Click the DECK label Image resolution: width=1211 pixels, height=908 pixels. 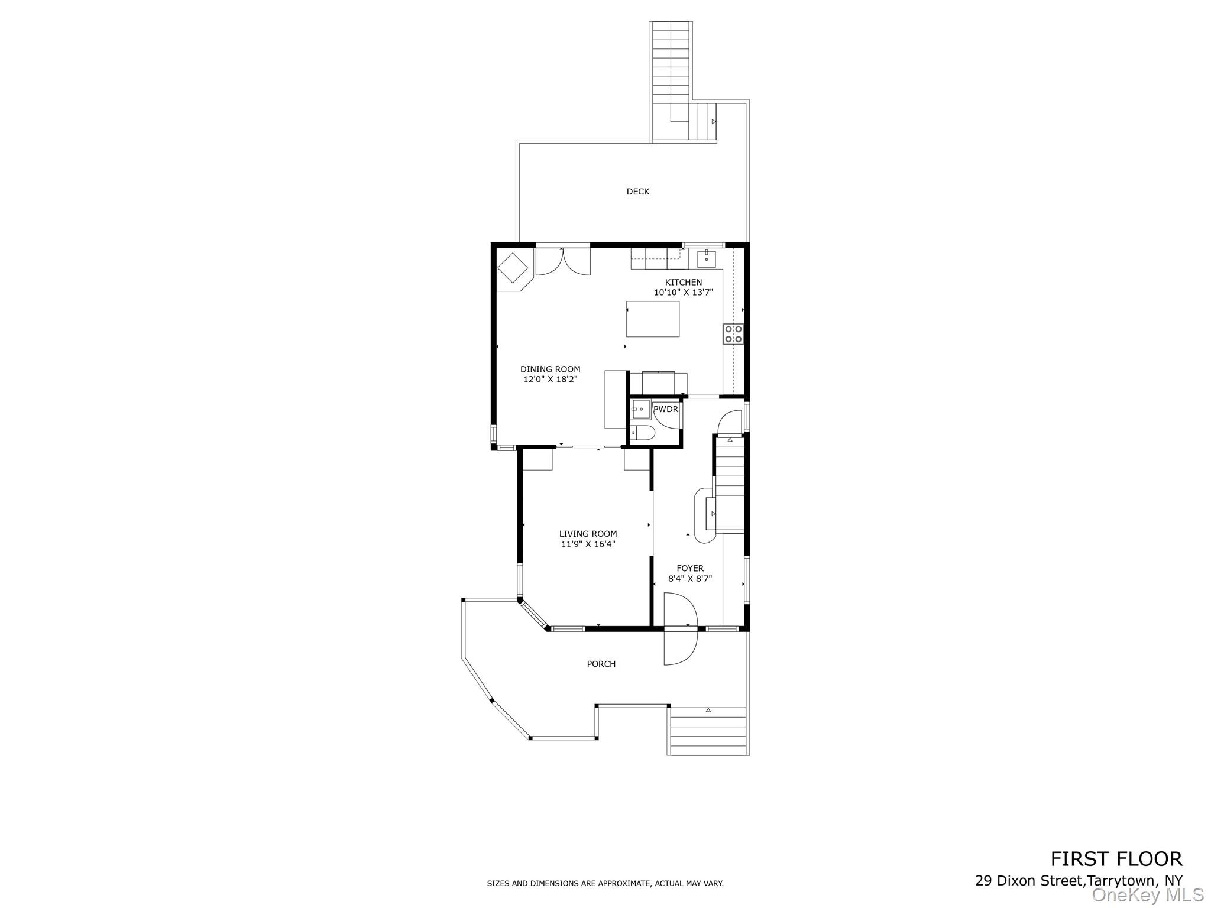[x=637, y=192]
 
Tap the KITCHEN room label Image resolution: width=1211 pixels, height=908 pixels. [x=684, y=283]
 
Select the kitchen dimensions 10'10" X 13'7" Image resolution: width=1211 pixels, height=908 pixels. [x=684, y=293]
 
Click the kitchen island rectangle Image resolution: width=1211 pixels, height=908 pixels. [x=653, y=319]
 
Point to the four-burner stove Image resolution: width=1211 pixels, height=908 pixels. [x=733, y=335]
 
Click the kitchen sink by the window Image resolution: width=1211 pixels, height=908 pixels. [x=707, y=259]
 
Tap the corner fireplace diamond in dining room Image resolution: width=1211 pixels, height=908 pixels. [x=513, y=269]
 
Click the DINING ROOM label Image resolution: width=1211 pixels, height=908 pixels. [x=550, y=369]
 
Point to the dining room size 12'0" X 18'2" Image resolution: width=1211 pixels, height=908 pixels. [x=550, y=380]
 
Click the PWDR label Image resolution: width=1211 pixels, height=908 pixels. [x=665, y=409]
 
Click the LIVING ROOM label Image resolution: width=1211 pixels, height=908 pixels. [x=588, y=534]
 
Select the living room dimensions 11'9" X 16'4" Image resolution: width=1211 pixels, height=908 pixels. [x=588, y=544]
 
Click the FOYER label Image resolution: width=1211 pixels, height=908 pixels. [x=690, y=569]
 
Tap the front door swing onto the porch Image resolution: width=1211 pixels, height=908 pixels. [x=680, y=647]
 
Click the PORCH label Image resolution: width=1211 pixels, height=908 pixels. [x=601, y=664]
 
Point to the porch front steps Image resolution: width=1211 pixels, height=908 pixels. [x=707, y=734]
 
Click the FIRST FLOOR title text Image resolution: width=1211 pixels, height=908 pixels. [x=1116, y=859]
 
